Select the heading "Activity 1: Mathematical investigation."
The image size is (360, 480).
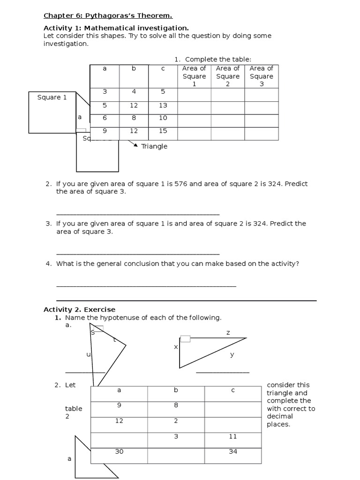click(116, 28)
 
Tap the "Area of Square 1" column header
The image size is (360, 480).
click(194, 76)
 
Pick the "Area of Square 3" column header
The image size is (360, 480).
click(262, 76)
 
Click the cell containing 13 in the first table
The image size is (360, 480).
click(163, 105)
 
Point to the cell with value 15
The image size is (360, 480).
click(163, 131)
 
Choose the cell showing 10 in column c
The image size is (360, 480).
click(163, 118)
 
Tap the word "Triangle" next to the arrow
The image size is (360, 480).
click(154, 146)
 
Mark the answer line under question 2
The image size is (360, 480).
click(138, 214)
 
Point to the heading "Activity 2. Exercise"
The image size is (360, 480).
click(79, 309)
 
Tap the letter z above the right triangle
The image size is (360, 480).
click(228, 332)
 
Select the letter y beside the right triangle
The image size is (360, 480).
click(232, 355)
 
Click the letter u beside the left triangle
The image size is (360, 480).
click(88, 354)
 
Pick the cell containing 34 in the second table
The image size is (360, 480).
click(233, 451)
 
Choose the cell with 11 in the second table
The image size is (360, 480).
click(233, 436)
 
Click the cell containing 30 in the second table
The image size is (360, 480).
click(119, 451)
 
